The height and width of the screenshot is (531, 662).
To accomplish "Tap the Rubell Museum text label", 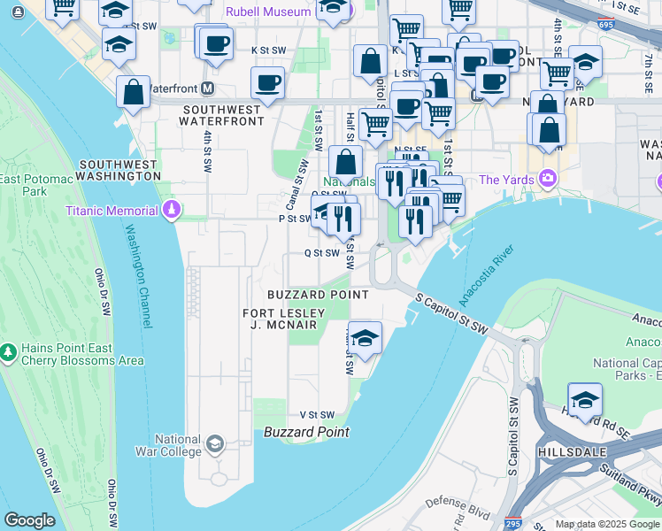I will (x=268, y=12).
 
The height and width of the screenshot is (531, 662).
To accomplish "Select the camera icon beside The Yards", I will (x=548, y=180).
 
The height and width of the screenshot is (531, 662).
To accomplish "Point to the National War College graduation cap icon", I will (x=214, y=443).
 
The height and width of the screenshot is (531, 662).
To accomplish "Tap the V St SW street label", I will (x=316, y=414).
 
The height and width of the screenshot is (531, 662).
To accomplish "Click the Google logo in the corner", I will (x=30, y=519).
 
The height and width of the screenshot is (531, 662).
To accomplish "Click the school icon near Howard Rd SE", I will (x=585, y=399).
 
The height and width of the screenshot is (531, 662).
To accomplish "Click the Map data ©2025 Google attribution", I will (x=606, y=524).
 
